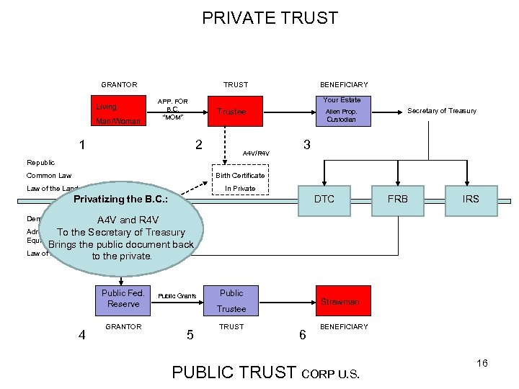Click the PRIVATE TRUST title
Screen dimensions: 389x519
coord(270,18)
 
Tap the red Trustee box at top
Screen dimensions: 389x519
coord(232,112)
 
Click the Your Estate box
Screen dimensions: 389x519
coord(342,111)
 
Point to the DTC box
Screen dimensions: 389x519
coord(324,199)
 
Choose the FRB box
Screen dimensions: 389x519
coord(398,199)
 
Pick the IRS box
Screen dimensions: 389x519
coord(471,199)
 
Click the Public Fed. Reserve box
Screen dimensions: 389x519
coord(123,298)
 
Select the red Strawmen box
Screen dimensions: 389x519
coord(342,301)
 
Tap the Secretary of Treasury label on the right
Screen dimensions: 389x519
coord(442,111)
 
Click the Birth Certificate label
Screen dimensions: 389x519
coord(240,175)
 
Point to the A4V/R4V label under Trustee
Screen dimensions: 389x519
coord(256,153)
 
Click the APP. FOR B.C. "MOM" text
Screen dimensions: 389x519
coord(173,109)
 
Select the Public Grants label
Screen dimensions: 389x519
coord(177,296)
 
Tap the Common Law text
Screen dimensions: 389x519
coord(49,176)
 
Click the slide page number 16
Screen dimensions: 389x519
coord(482,363)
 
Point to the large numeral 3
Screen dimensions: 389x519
coord(307,145)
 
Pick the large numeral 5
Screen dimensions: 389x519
coord(190,334)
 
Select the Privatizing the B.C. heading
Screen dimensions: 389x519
coord(127,199)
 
